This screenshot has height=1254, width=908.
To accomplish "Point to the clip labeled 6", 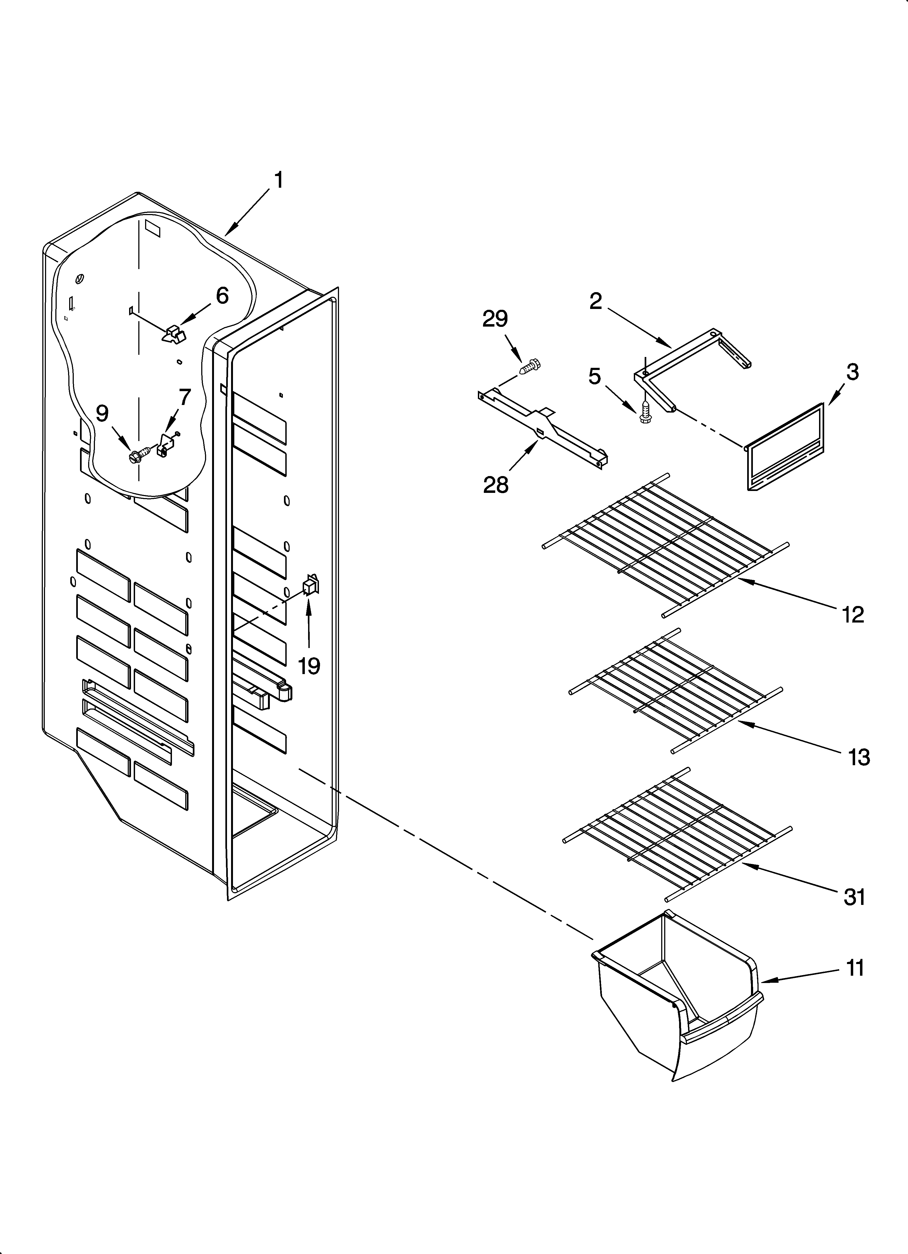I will (x=174, y=334).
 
